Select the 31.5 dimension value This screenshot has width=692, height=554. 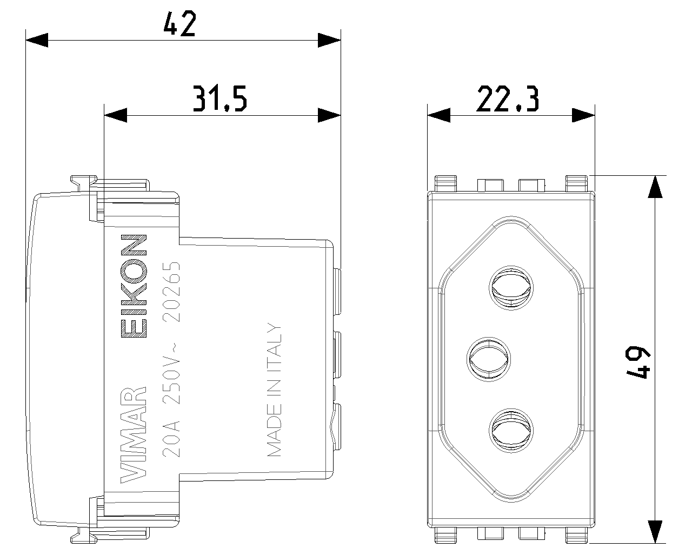219,98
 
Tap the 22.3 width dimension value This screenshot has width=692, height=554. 508,98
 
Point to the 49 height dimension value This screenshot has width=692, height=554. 638,362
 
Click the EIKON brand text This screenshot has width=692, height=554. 134,286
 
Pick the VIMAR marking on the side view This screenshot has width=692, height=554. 134,434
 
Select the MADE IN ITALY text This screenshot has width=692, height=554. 274,389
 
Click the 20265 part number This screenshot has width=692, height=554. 171,291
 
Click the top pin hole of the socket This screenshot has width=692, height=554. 511,288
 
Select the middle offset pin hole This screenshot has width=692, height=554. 489,359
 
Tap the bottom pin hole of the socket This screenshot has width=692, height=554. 511,431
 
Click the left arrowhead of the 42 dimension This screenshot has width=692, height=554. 37,40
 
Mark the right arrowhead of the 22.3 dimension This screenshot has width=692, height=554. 583,115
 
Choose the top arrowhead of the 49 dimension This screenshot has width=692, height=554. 655,187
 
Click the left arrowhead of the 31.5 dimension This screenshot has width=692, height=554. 116,115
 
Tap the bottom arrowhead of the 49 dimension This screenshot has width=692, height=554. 655,532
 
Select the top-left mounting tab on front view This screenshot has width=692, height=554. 445,183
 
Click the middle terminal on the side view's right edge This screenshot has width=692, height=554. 337,354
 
